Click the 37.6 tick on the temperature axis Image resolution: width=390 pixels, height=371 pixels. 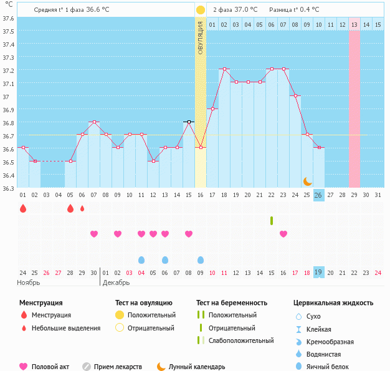pos(9,18)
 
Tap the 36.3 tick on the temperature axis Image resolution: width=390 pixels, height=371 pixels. pos(9,188)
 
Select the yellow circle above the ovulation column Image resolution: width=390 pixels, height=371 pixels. pos(201,10)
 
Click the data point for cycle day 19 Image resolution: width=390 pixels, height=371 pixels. pos(224,69)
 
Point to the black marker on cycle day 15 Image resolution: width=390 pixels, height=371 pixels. pos(189,122)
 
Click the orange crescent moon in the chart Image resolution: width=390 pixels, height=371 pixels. pos(308,181)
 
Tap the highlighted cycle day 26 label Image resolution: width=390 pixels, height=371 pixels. pos(318,195)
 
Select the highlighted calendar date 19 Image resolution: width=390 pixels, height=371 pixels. pos(318,272)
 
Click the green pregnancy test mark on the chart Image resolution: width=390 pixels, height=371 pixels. pos(272,221)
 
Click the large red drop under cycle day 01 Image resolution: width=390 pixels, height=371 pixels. pos(23,208)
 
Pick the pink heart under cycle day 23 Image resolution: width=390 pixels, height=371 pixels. pos(283,234)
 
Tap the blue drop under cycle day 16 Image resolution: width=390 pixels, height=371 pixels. pos(201,259)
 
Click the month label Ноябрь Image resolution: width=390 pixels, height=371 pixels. pos(29,282)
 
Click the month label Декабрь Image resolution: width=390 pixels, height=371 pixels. pos(117,282)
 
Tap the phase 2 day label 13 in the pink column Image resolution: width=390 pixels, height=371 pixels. pos(354,24)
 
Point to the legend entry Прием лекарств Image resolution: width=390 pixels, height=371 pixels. pos(118,367)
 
